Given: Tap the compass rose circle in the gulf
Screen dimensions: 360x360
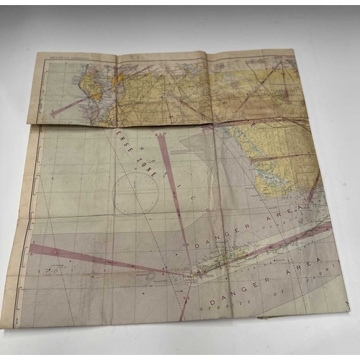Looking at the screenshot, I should click(x=136, y=193).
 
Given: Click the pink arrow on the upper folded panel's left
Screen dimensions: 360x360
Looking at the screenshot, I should click(x=68, y=107).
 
